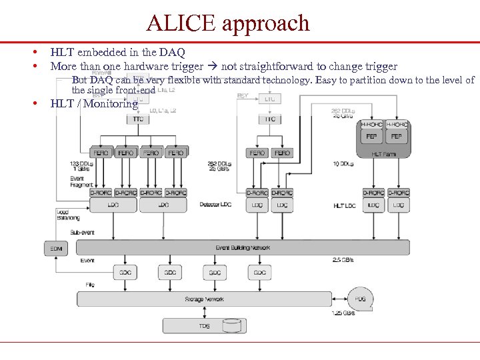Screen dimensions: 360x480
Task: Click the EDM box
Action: pyautogui.click(x=55, y=249)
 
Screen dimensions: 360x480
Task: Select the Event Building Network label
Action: pyautogui.click(x=243, y=247)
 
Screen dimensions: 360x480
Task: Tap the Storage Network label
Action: pyautogui.click(x=205, y=299)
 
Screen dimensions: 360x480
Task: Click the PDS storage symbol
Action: pyautogui.click(x=360, y=299)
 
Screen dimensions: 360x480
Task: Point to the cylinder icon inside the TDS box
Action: pyautogui.click(x=232, y=326)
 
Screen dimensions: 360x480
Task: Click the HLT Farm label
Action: pyautogui.click(x=384, y=153)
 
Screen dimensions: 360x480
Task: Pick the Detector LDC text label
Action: pyautogui.click(x=216, y=205)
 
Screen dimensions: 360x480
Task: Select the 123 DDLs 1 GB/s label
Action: pyautogui.click(x=81, y=166)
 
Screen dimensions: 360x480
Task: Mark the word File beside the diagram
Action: pyautogui.click(x=89, y=285)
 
